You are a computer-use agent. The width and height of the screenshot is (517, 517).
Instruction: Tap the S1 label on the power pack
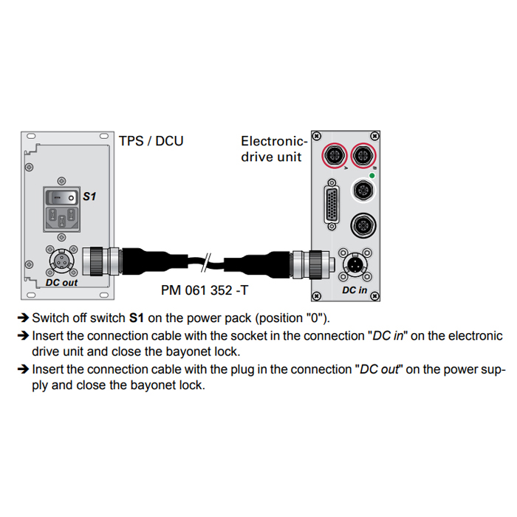(89, 197)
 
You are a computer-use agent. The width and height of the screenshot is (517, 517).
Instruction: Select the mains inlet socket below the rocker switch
(63, 219)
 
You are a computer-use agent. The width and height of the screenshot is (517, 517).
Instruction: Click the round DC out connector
(61, 260)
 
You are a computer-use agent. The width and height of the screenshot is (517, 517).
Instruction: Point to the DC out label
(61, 282)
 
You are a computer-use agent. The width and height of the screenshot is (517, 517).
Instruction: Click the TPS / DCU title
(151, 141)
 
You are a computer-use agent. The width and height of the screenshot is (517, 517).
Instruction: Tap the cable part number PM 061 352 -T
(205, 290)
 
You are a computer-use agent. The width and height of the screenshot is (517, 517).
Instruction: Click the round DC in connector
(354, 264)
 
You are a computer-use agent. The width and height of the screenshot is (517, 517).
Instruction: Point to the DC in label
(355, 290)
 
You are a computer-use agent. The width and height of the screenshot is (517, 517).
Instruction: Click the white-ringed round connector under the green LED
(363, 191)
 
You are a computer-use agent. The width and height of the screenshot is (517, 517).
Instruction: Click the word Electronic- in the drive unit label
(273, 141)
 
